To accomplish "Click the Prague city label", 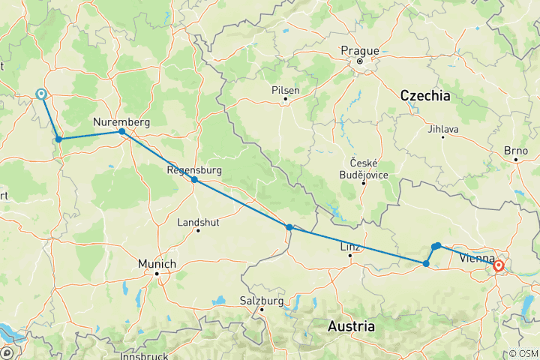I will (360, 50).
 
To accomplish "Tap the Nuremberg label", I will (121, 121).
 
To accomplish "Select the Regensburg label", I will (193, 170).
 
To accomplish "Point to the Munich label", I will (157, 264).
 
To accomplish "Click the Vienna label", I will (475, 259).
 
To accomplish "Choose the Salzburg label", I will (262, 301).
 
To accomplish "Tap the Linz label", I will (350, 247).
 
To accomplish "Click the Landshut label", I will (198, 222).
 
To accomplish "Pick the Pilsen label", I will (286, 90).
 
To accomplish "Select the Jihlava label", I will (443, 129).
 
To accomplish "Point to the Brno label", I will (516, 151).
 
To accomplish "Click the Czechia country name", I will (425, 95).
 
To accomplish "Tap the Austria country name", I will (351, 327).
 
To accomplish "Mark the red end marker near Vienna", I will (499, 265).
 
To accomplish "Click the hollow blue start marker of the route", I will (40, 94).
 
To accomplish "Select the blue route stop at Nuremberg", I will (121, 132).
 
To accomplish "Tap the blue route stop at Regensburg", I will (194, 180).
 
